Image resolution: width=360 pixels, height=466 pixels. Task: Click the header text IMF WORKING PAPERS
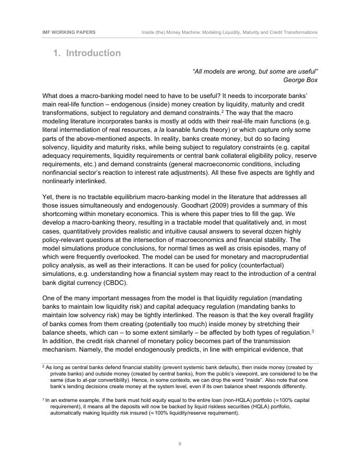tap(69, 32)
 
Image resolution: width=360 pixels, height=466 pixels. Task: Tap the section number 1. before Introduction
tap(57, 53)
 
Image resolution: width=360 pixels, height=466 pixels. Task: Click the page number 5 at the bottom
tap(180, 443)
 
